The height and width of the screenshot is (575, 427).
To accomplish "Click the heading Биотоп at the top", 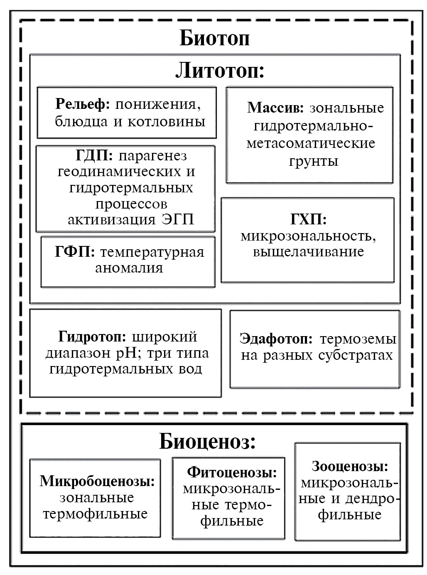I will (214, 38).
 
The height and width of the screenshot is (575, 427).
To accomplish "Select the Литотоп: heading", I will (220, 71).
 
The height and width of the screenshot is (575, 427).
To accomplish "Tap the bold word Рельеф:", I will (82, 104).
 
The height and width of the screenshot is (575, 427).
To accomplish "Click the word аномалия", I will (129, 268).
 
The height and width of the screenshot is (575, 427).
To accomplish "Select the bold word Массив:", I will (275, 108).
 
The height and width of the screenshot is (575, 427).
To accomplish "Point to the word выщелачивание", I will (308, 252).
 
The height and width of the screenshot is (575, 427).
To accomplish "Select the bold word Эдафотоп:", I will (276, 339).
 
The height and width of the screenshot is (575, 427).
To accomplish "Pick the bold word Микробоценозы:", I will (97, 481).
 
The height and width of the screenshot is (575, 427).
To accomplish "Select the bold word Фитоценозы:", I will (231, 472).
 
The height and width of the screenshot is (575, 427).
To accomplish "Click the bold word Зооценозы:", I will (350, 466).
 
